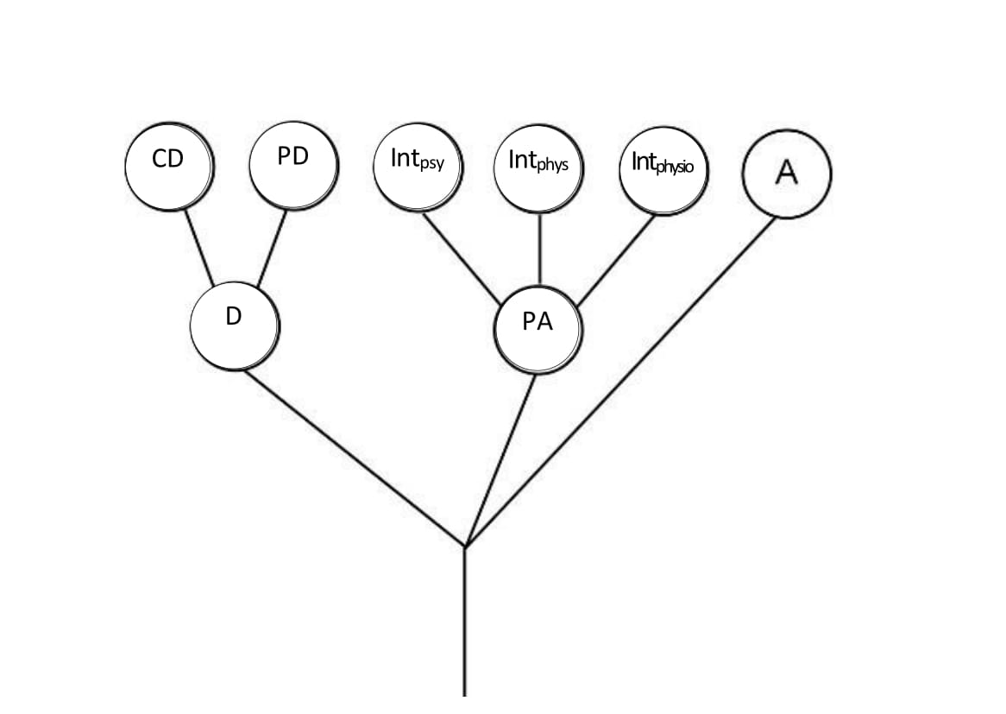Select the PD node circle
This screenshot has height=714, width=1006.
tap(292, 164)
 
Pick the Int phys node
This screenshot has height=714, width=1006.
tap(539, 168)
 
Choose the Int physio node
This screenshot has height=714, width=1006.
tap(663, 169)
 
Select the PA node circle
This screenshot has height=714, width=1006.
tap(538, 330)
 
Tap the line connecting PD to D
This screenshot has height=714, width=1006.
tap(272, 248)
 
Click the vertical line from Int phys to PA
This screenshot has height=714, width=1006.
tap(540, 248)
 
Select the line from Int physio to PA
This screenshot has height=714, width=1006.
tap(615, 260)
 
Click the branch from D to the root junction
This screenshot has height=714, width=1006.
tap(354, 458)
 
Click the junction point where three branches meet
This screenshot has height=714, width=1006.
tap(465, 547)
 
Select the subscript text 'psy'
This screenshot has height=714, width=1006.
tap(431, 164)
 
